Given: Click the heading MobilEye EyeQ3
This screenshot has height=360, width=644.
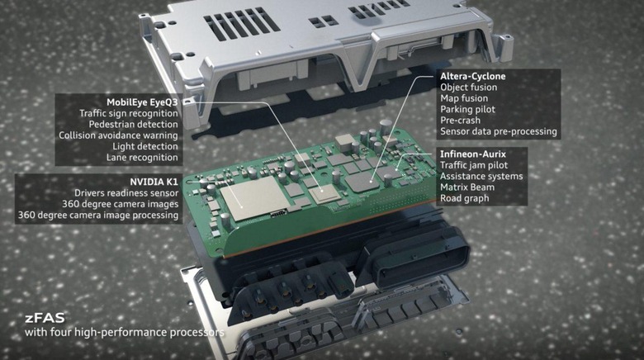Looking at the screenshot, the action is point(142,102).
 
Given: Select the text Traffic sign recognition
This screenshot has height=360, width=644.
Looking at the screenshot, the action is point(129,113).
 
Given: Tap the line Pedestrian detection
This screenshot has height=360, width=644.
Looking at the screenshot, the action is point(134,124).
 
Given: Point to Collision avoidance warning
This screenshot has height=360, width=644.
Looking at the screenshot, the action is point(118,135).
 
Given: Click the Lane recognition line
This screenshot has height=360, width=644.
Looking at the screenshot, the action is point(142,158).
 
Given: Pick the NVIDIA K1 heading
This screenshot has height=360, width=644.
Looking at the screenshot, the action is point(154,182).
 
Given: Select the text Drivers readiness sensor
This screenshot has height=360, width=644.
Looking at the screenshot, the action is point(126,193).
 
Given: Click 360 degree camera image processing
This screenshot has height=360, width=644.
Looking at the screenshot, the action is point(98,216).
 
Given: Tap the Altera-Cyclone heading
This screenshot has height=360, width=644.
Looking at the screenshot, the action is point(473,76).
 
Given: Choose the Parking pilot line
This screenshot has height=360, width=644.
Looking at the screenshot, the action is point(468,109).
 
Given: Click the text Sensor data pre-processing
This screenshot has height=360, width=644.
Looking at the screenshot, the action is point(499,131).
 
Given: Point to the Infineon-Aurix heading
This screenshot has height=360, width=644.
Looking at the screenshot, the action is point(473,154).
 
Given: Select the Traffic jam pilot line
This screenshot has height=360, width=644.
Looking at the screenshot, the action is point(474,165).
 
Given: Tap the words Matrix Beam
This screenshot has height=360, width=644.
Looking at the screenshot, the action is point(467,187).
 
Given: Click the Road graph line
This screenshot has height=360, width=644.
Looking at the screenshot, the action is point(465,198).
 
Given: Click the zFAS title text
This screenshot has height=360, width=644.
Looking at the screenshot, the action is point(45,318).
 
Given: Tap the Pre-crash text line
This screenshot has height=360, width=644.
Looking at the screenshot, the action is point(461,121).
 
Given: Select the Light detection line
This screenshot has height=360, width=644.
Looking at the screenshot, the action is point(145,146).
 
